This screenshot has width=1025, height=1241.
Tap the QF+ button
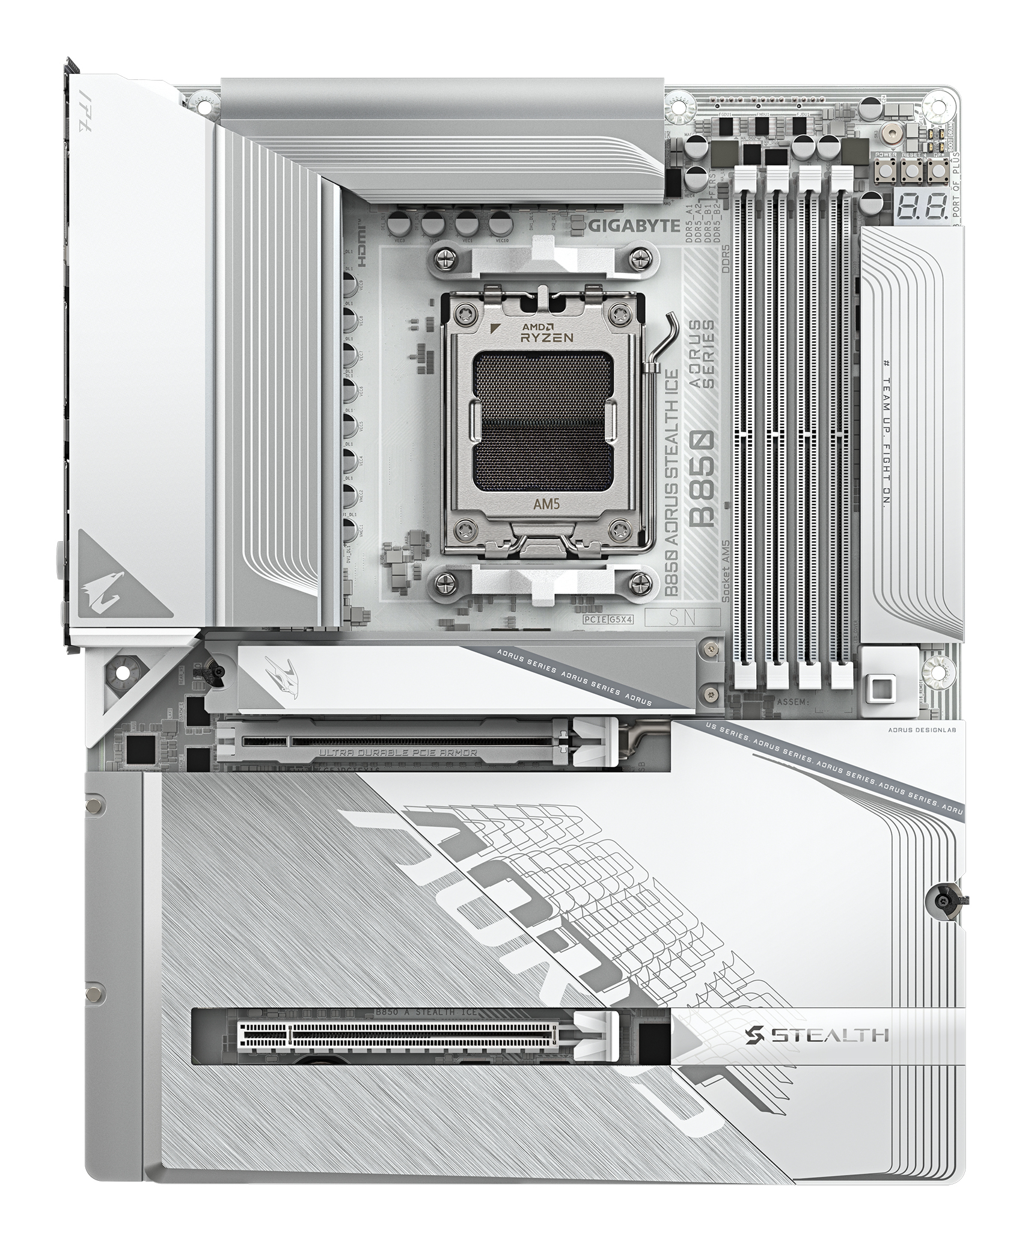(x=936, y=172)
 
